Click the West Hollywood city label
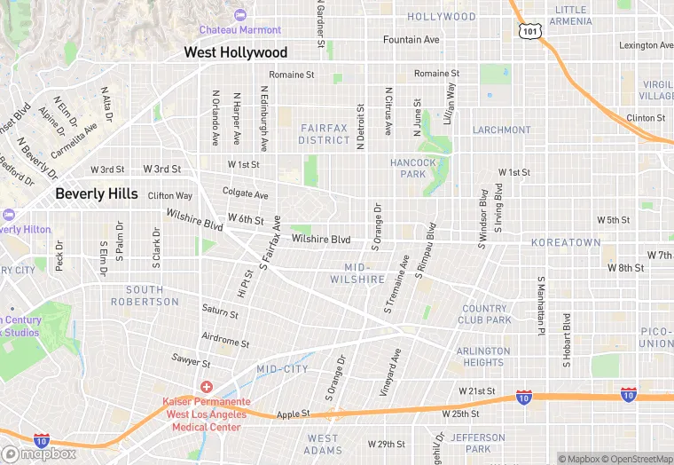click(235, 53)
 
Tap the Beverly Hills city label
click(96, 193)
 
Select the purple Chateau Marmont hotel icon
click(240, 14)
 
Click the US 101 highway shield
click(529, 31)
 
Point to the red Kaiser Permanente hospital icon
click(206, 387)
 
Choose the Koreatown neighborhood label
click(566, 242)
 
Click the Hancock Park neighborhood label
click(413, 169)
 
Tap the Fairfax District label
click(324, 134)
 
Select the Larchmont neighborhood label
click(501, 130)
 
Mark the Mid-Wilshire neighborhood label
click(368, 272)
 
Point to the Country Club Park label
click(486, 314)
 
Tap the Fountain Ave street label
click(411, 40)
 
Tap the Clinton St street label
click(646, 118)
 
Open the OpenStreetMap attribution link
click(636, 459)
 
